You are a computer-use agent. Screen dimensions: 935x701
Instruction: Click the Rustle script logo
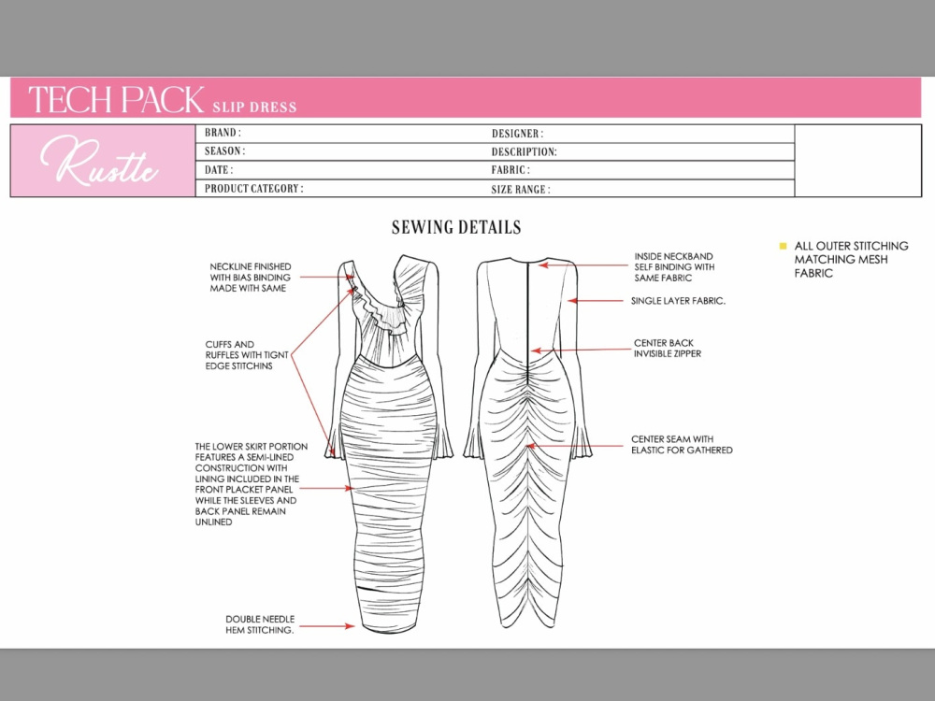point(99,160)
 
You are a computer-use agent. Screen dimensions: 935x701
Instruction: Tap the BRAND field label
point(223,133)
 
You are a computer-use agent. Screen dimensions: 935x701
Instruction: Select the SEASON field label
point(224,150)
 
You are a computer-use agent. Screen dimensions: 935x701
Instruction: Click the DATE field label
point(218,170)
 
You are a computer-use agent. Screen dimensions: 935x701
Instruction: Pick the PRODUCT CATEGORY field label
point(253,189)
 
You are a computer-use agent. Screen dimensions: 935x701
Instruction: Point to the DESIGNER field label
point(517,134)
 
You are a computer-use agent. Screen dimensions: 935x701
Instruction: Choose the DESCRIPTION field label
point(524,152)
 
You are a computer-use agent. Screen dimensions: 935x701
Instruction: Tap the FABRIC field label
point(510,170)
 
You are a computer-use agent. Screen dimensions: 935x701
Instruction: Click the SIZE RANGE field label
point(520,190)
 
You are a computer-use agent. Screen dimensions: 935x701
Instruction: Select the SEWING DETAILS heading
point(456,227)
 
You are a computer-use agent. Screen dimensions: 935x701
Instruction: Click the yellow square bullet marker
point(783,246)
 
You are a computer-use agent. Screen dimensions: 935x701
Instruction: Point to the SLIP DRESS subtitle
point(254,107)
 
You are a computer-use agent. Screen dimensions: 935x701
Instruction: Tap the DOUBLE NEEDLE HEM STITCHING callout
point(259,624)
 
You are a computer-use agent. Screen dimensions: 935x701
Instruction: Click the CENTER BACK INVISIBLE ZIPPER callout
point(668,348)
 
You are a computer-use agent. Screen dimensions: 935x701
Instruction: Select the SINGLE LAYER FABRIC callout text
point(678,301)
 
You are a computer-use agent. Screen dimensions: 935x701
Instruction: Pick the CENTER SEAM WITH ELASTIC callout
point(682,445)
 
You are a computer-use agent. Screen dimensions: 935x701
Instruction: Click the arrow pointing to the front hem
point(326,626)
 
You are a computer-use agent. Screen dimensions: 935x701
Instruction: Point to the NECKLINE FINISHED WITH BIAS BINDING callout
point(251,278)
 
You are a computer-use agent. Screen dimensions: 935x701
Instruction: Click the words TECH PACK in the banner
point(116,99)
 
